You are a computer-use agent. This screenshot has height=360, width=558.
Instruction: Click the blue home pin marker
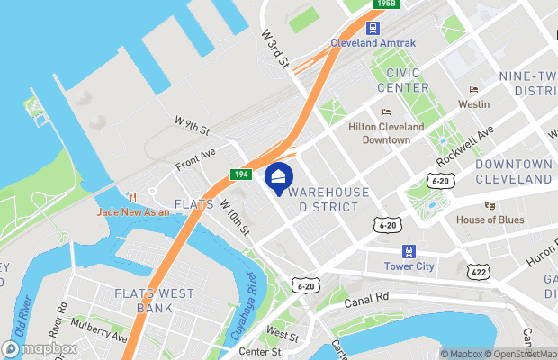[x=278, y=177]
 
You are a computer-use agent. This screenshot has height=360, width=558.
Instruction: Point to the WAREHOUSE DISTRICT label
[x=329, y=200]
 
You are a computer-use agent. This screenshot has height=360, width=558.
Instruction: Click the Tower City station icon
[x=409, y=252]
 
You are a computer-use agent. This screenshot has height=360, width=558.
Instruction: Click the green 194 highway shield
[x=240, y=175]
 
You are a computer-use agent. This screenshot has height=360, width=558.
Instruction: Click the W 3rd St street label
[x=274, y=49]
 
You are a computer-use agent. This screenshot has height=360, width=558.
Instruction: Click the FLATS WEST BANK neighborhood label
[x=143, y=301]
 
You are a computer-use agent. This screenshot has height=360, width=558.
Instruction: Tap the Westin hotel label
[x=473, y=104]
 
